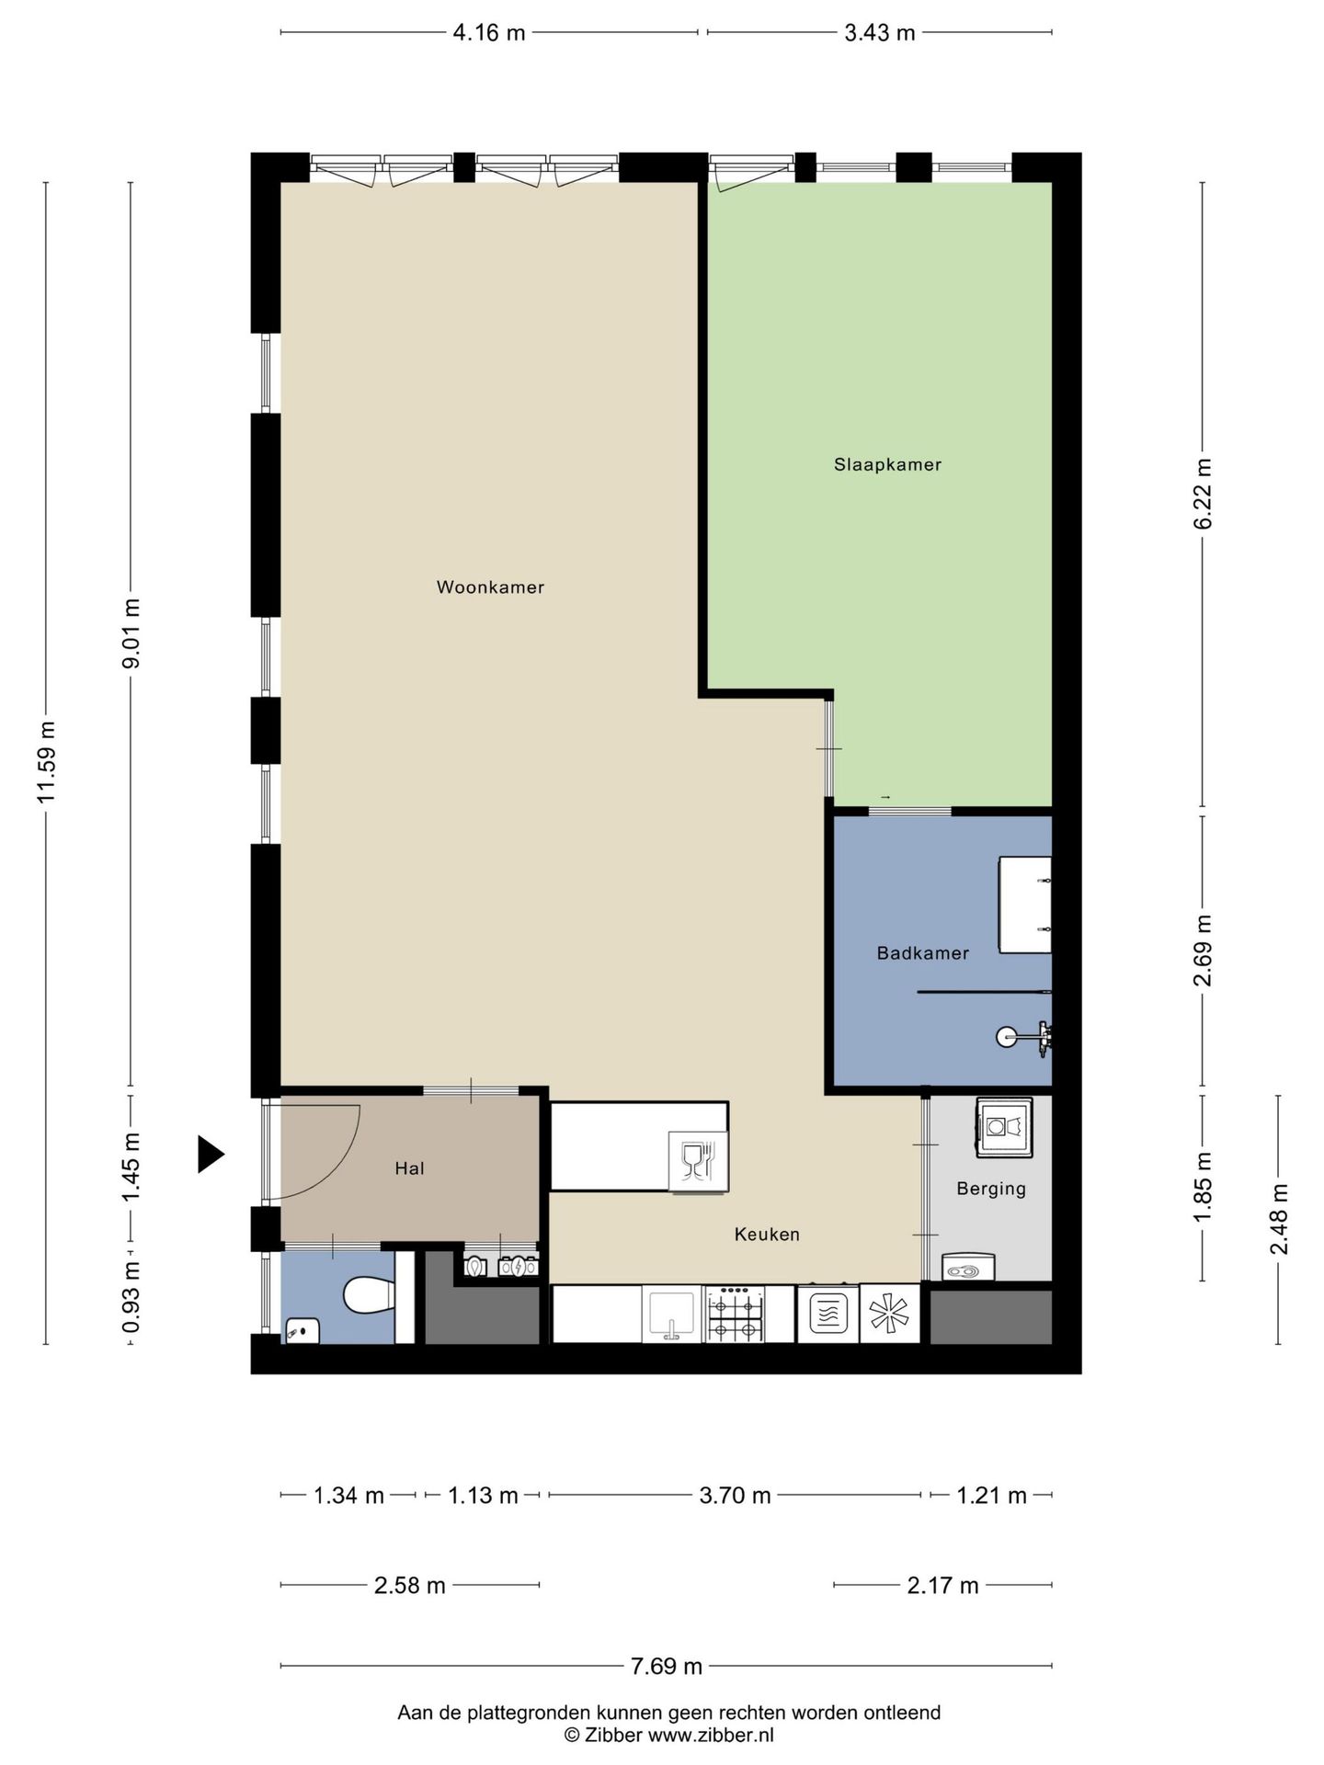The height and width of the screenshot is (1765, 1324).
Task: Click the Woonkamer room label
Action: pos(490,587)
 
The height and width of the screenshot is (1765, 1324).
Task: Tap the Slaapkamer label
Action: pos(887,465)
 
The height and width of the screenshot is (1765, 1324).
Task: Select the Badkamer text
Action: pos(922,953)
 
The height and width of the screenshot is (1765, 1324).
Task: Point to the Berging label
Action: pos(990,1189)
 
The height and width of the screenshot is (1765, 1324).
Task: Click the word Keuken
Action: pos(767,1235)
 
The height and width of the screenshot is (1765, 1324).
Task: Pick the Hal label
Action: pos(409,1168)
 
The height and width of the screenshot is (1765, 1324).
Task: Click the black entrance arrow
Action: pos(211,1154)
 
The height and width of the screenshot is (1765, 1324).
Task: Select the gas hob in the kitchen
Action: pos(735,1314)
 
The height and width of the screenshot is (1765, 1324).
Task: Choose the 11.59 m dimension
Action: pos(46,762)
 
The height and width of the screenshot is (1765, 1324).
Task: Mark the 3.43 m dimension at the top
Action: pos(880,33)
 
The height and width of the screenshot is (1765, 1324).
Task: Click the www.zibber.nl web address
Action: pos(711,1735)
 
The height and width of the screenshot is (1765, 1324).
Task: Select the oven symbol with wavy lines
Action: pos(827,1315)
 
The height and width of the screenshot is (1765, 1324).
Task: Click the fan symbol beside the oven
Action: pos(890,1315)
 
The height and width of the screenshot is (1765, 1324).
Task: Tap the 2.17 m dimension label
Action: pos(942,1585)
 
